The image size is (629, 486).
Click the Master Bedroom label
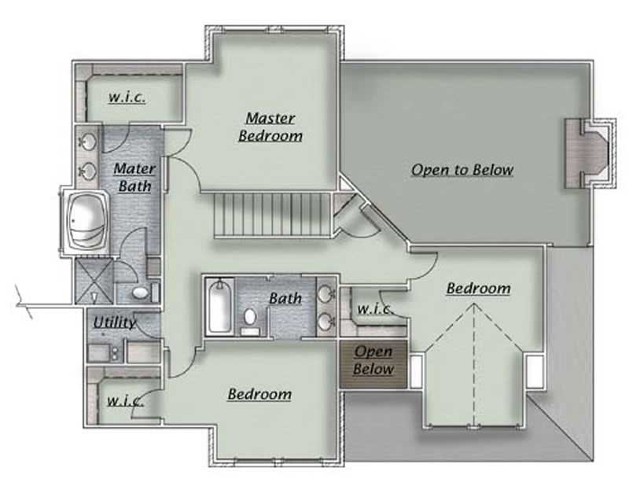pyautogui.click(x=270, y=127)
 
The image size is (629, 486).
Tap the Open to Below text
pyautogui.click(x=462, y=170)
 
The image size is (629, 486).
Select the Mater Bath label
pyautogui.click(x=135, y=177)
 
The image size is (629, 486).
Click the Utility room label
pyautogui.click(x=115, y=322)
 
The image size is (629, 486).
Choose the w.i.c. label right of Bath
pyautogui.click(x=374, y=308)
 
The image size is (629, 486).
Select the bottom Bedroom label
pyautogui.click(x=259, y=393)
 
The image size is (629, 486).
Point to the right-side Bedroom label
pyautogui.click(x=478, y=289)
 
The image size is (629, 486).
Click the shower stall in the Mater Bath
pyautogui.click(x=93, y=283)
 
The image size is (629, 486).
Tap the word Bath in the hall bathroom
pyautogui.click(x=285, y=298)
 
